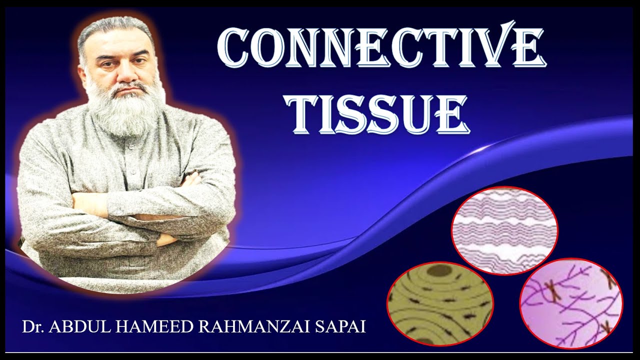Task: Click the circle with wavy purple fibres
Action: coord(504,230)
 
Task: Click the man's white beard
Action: coord(125,107)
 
